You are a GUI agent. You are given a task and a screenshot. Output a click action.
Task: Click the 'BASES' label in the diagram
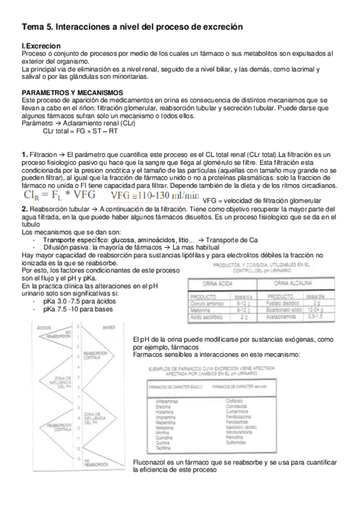tap(109, 327)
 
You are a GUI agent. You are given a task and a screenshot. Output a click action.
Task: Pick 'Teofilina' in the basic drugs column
tap(163, 446)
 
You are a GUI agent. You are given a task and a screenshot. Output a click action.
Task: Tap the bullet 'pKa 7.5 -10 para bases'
tap(78, 309)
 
